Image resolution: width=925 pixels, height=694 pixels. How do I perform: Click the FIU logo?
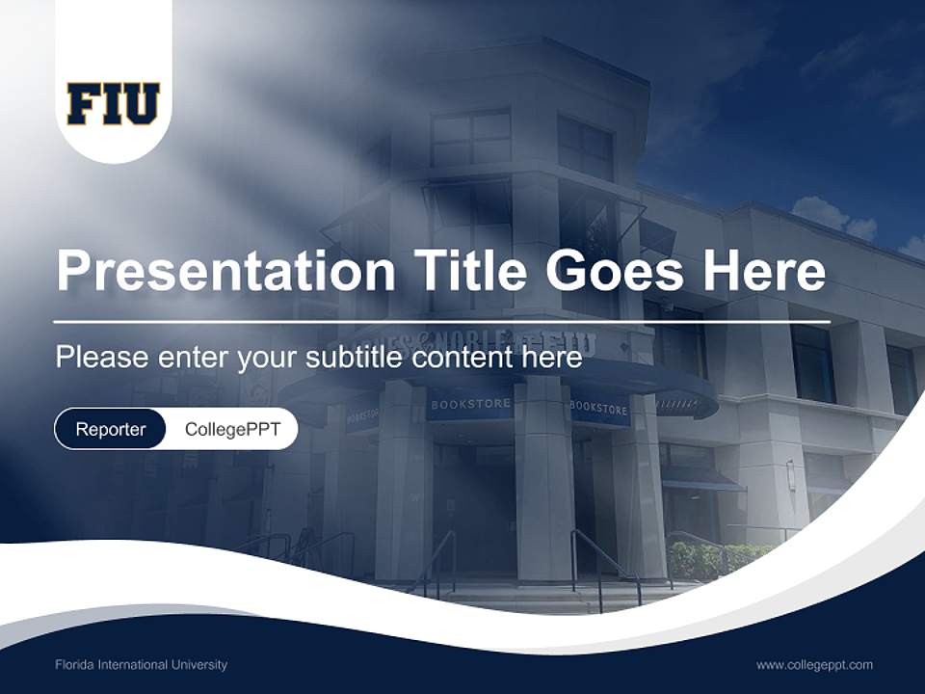coord(113,104)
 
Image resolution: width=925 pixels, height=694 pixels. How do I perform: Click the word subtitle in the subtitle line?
coord(354,358)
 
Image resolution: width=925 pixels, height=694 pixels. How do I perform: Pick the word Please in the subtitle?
coord(100,358)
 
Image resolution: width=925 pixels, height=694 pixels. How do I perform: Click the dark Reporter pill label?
coord(110,429)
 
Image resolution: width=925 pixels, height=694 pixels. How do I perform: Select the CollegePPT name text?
coord(232,429)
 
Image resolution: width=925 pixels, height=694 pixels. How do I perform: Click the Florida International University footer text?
coord(141,664)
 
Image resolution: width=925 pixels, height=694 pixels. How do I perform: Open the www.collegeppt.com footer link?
coord(814,664)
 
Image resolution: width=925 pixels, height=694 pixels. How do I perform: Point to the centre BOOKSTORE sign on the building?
coord(470,405)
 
